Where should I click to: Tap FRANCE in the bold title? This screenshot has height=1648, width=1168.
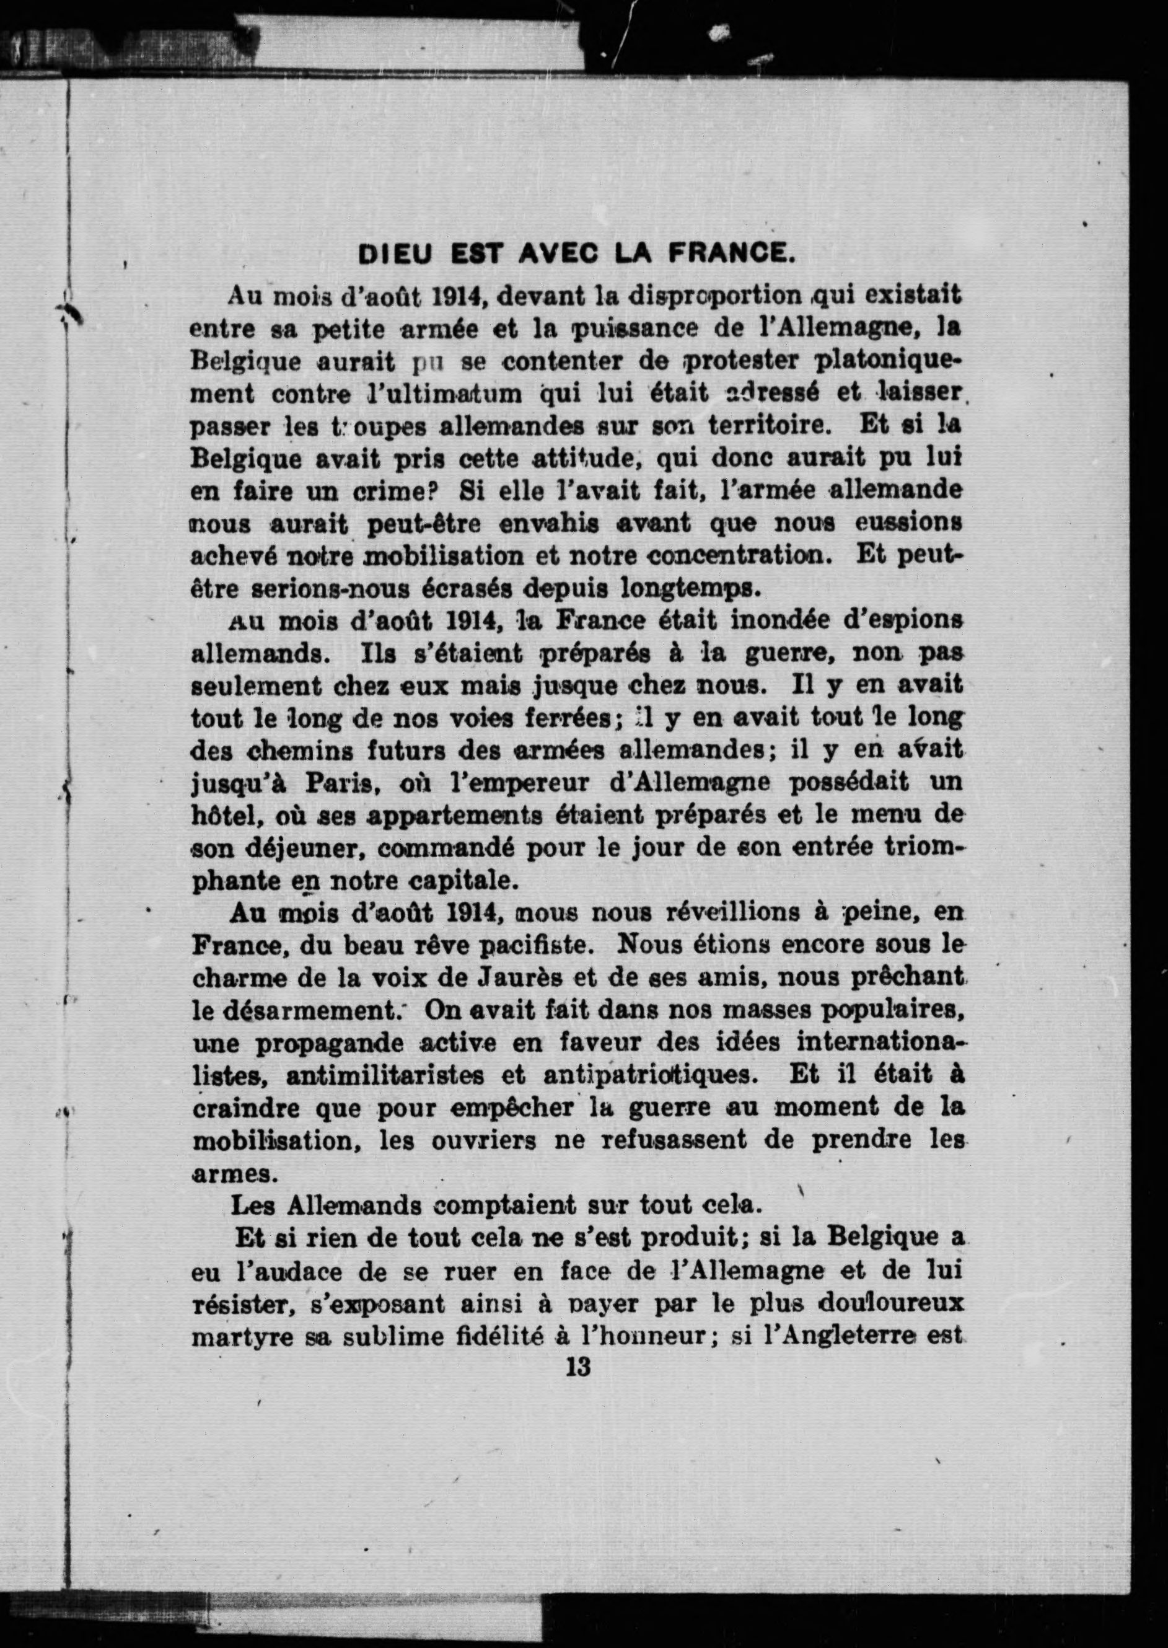pyautogui.click(x=731, y=255)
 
